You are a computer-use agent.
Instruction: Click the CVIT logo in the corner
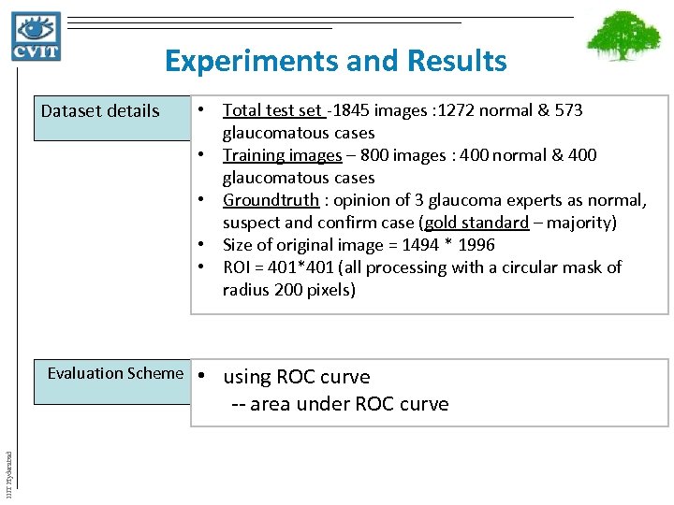click(x=37, y=36)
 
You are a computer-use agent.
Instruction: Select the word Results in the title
click(x=458, y=62)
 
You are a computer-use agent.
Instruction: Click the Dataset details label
click(x=100, y=111)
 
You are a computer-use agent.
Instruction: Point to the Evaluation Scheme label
click(x=115, y=373)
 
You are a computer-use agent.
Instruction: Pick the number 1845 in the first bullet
click(x=350, y=110)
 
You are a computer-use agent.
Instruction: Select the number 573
click(x=567, y=110)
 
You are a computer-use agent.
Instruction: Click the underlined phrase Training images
click(x=282, y=155)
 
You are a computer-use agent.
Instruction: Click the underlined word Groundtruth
click(x=271, y=200)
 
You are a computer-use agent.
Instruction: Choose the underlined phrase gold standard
click(x=476, y=223)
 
